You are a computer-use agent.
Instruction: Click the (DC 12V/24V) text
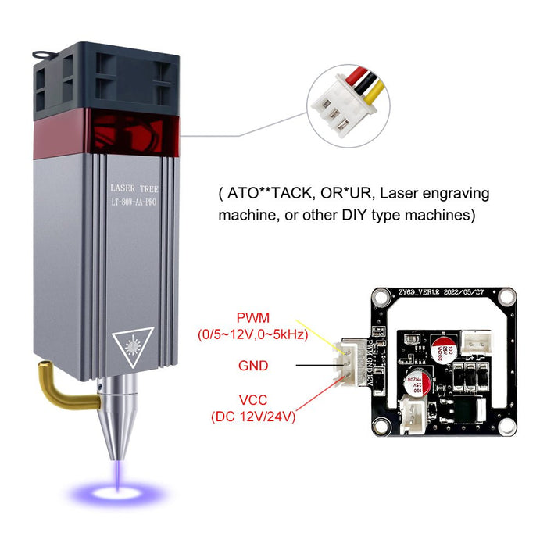click(252, 417)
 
